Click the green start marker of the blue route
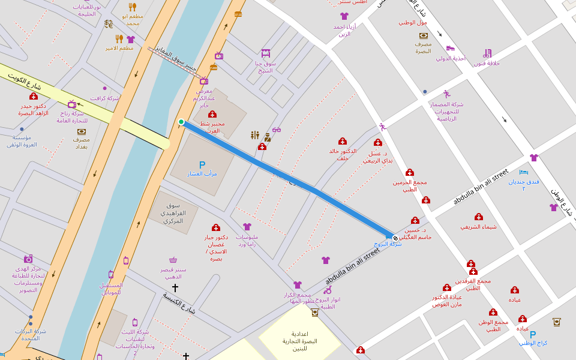pyautogui.click(x=181, y=122)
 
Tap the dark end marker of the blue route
pyautogui.click(x=395, y=238)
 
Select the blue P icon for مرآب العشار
pyautogui.click(x=202, y=165)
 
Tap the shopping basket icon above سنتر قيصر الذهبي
pyautogui.click(x=173, y=260)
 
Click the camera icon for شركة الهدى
pyautogui.click(x=28, y=259)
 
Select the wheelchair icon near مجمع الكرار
pyautogui.click(x=328, y=290)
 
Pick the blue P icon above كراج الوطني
pyautogui.click(x=533, y=334)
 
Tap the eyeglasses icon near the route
pyautogui.click(x=276, y=130)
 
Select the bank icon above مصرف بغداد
pyautogui.click(x=82, y=131)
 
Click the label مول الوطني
pyautogui.click(x=413, y=23)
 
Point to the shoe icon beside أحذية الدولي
pyautogui.click(x=451, y=48)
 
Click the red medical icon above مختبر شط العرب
pyautogui.click(x=212, y=114)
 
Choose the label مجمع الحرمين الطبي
pyautogui.click(x=410, y=185)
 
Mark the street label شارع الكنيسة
pyautogui.click(x=179, y=302)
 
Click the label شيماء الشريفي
pyautogui.click(x=478, y=227)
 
